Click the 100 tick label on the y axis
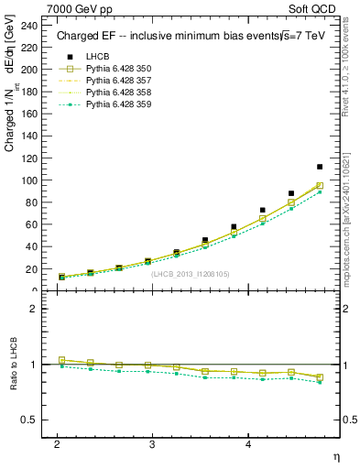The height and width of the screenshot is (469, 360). (x=33, y=180)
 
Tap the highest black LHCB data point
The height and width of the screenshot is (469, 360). (x=320, y=167)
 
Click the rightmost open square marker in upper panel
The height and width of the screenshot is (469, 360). (x=320, y=186)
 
